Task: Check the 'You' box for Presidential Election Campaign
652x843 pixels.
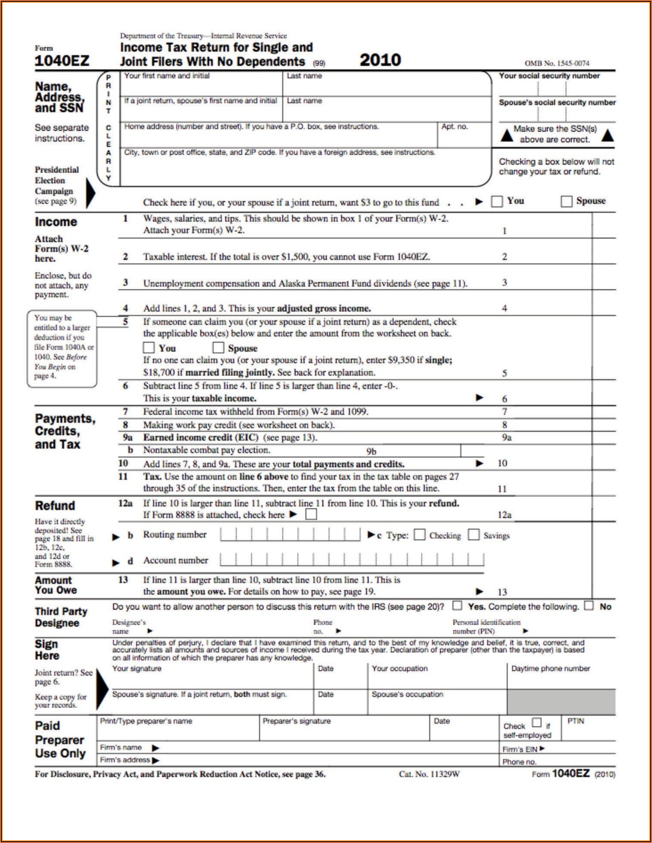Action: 497,201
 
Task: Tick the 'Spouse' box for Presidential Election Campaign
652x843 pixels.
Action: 566,201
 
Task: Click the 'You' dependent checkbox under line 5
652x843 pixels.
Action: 149,348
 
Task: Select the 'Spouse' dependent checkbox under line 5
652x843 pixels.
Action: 218,348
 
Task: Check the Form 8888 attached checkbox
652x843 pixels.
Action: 311,514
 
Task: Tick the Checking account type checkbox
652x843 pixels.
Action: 419,535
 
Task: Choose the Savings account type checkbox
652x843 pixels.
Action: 474,535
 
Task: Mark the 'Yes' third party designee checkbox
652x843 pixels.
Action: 457,606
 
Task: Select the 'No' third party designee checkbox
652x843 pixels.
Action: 589,606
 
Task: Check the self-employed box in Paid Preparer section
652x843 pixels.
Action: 537,722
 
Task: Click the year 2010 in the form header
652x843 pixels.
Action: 380,60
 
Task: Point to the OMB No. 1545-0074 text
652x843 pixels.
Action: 557,64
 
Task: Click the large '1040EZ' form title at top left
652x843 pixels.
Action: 62,61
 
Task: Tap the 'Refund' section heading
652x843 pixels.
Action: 55,506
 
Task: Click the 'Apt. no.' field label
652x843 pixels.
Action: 454,127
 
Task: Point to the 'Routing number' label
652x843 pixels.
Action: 175,535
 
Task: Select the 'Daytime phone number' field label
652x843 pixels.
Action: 550,669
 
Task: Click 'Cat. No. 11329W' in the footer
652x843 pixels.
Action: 429,774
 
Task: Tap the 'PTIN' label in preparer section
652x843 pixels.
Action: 575,721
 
